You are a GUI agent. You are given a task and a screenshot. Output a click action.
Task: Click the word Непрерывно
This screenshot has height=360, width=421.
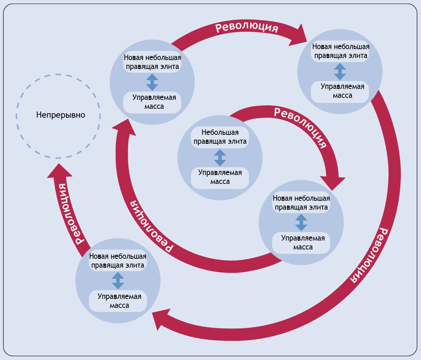(x=61, y=115)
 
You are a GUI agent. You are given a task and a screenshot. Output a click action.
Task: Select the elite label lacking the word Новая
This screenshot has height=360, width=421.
(x=220, y=137)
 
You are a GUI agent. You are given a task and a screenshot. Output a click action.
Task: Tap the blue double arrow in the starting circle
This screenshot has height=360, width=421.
(x=220, y=158)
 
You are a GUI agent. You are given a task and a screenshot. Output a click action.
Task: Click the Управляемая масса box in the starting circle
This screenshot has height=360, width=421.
(x=220, y=177)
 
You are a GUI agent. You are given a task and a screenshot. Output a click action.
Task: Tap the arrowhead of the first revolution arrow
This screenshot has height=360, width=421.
(x=333, y=182)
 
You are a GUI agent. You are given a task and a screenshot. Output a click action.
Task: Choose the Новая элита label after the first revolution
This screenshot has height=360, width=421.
(x=301, y=203)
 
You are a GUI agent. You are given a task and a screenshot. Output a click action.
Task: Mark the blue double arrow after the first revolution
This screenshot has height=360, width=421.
(x=301, y=222)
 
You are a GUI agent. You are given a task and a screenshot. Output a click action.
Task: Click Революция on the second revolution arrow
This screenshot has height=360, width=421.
(x=151, y=227)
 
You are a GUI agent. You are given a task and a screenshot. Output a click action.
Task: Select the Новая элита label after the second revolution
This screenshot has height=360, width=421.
(x=152, y=62)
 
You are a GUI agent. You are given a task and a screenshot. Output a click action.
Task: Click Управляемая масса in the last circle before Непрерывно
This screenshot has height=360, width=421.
(x=119, y=301)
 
